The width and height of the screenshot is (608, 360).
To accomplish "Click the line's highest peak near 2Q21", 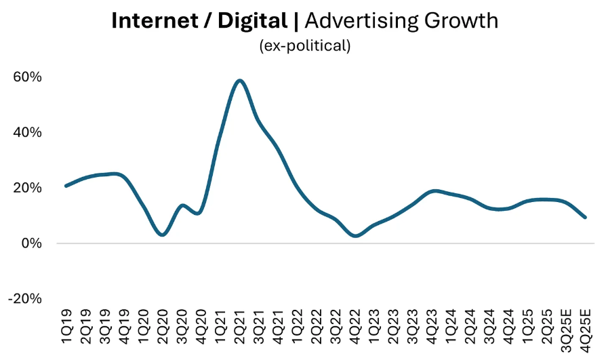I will coord(239,81).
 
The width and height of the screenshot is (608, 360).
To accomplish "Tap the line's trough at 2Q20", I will coord(162,235).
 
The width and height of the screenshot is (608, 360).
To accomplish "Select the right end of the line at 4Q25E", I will coord(585,218).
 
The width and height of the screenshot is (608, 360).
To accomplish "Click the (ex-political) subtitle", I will coord(304,46).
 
